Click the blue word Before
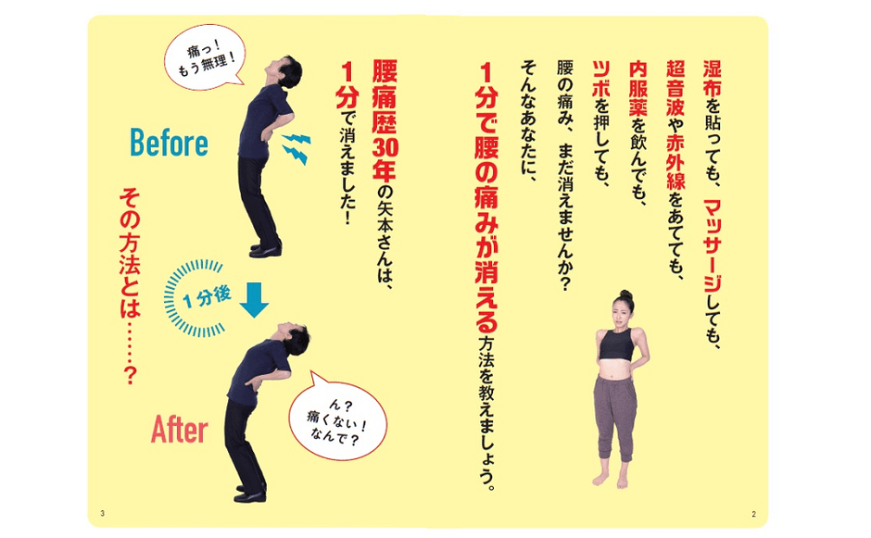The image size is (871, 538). [169, 143]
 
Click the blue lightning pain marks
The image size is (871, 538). [296, 147]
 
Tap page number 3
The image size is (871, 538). [101, 513]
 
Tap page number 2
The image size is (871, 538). [754, 513]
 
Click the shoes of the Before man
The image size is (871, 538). [266, 247]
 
